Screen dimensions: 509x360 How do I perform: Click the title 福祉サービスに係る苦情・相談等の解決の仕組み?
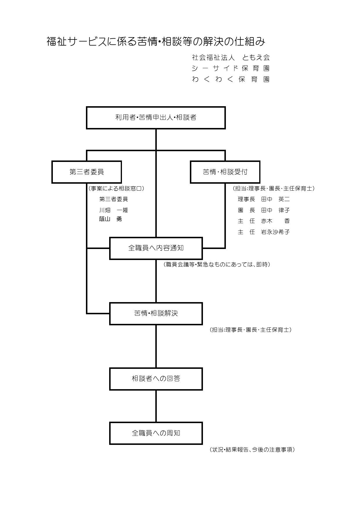tap(156, 42)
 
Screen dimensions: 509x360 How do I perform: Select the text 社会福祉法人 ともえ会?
tap(231, 57)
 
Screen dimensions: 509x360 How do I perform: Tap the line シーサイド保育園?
tap(231, 68)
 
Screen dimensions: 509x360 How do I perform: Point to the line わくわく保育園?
tap(231, 79)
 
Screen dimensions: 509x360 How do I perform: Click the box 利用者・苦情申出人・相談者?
tap(156, 118)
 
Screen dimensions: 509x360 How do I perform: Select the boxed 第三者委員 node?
tap(87, 172)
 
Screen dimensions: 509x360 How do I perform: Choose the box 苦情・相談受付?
tap(225, 172)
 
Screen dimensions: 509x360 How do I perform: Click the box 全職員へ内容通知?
tap(156, 248)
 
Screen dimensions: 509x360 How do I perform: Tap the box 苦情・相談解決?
tap(156, 313)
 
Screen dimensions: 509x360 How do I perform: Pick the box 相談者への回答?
tap(156, 379)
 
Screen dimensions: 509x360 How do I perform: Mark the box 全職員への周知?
tap(156, 433)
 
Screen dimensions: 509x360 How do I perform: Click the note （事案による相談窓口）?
tap(116, 188)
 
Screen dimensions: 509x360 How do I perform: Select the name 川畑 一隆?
tap(114, 210)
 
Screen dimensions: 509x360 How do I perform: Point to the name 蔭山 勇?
tap(111, 219)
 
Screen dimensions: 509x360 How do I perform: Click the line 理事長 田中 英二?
tap(264, 199)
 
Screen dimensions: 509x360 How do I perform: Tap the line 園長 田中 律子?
tap(264, 210)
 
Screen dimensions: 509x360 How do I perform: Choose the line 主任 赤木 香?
tap(264, 221)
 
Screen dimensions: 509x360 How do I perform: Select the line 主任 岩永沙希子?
tap(264, 232)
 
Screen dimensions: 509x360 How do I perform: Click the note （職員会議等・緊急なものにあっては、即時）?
tap(217, 264)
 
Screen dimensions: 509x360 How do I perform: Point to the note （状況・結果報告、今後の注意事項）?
tap(252, 450)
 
